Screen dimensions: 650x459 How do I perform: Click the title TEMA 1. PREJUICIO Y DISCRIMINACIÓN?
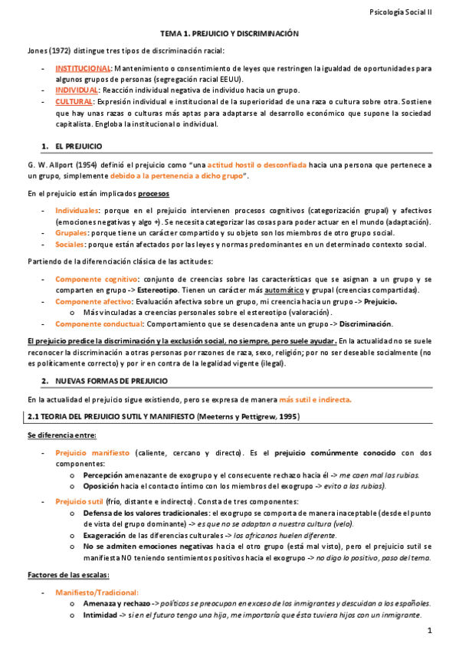(229, 34)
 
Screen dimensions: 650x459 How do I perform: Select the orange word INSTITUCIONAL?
(83, 68)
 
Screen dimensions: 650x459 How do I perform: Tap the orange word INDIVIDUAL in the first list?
(77, 90)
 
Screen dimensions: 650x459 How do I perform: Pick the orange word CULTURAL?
(74, 100)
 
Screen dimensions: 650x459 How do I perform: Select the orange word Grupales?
(70, 232)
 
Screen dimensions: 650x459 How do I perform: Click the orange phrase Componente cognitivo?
(95, 280)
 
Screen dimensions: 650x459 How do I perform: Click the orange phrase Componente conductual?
(97, 323)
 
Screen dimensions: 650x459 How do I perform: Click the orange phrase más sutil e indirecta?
(316, 399)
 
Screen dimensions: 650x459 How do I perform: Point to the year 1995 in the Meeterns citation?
(286, 416)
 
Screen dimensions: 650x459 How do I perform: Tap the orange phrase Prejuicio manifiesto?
(92, 453)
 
